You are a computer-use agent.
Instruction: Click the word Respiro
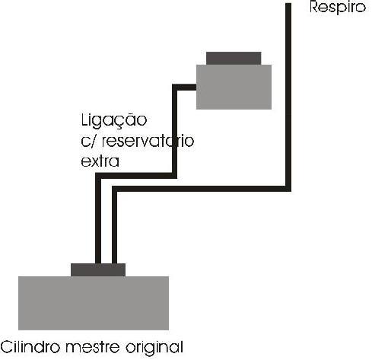click(x=338, y=8)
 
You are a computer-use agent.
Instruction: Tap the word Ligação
click(x=114, y=121)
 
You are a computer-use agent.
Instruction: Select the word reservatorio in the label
click(x=148, y=142)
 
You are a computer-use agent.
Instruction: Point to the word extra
click(x=100, y=161)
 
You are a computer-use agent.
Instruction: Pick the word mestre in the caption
click(x=93, y=347)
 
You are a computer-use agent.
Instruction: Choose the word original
click(x=154, y=348)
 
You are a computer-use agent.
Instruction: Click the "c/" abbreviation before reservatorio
click(x=89, y=142)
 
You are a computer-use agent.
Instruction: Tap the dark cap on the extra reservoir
click(x=234, y=59)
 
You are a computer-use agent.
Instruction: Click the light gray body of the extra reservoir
click(x=234, y=87)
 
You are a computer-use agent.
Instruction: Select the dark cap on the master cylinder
click(x=98, y=270)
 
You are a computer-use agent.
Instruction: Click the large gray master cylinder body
click(x=94, y=303)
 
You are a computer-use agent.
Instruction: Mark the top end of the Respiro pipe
click(x=288, y=4)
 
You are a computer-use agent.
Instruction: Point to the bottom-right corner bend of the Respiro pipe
click(x=288, y=189)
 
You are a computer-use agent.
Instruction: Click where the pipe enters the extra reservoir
click(x=196, y=88)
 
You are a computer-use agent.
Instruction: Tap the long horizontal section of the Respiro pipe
click(x=202, y=189)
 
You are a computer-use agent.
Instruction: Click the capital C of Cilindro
click(x=7, y=347)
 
